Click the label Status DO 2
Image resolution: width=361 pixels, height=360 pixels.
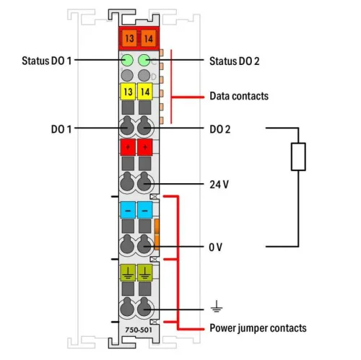tap(234, 61)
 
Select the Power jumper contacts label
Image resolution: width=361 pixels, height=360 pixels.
tap(257, 328)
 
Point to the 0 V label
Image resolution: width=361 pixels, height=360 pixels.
tap(216, 247)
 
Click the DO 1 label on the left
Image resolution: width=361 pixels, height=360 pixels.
tap(63, 129)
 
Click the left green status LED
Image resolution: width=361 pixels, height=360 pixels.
tap(128, 61)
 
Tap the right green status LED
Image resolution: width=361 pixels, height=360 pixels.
tap(145, 61)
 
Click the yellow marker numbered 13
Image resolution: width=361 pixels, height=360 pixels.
tap(128, 92)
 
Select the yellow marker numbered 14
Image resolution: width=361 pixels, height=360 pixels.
tap(145, 92)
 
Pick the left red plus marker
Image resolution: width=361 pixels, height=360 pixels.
tap(128, 148)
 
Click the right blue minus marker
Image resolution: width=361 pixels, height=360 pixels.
tap(145, 210)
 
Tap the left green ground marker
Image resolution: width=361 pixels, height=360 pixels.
tap(128, 272)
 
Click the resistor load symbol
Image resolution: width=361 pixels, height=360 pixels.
tap(297, 157)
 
